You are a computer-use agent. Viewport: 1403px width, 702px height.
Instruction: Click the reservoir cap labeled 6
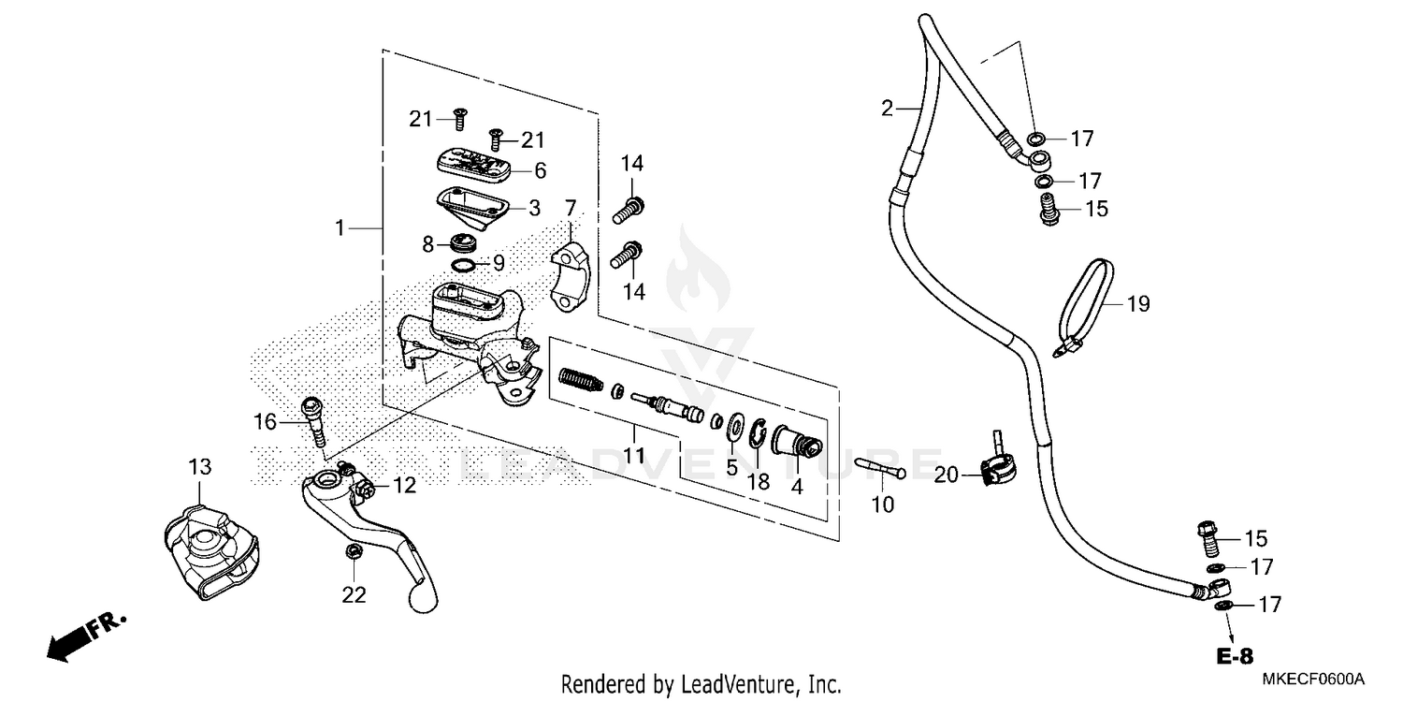coord(472,165)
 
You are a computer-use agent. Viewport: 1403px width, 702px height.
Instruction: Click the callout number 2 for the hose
coord(887,109)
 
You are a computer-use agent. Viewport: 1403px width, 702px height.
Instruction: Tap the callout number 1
coord(342,227)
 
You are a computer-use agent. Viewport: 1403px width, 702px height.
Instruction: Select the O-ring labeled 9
coord(463,266)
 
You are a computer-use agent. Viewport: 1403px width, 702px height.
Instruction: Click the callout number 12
coord(404,485)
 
